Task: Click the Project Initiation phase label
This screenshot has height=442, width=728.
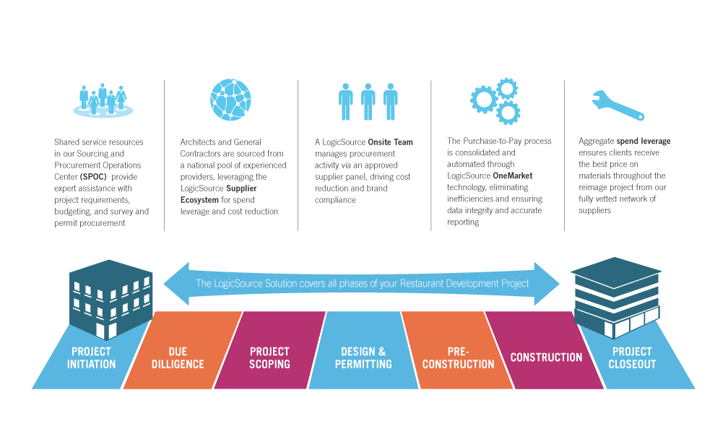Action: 91,357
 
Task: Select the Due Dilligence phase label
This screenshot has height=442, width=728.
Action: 178,357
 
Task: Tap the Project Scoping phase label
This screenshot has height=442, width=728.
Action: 269,357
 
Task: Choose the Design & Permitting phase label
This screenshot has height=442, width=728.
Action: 363,357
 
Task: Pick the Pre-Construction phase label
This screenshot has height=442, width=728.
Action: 459,357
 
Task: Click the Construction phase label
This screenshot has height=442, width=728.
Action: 546,357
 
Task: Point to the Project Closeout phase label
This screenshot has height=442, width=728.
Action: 632,357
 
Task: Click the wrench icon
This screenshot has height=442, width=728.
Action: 617,105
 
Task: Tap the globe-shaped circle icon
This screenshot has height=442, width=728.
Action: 230,100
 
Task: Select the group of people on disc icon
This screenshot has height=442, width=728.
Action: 103,101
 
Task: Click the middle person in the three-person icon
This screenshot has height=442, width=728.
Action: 368,101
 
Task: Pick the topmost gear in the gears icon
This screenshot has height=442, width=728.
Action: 508,89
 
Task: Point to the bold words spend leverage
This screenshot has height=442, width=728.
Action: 643,142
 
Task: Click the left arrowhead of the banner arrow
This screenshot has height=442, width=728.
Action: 173,282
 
